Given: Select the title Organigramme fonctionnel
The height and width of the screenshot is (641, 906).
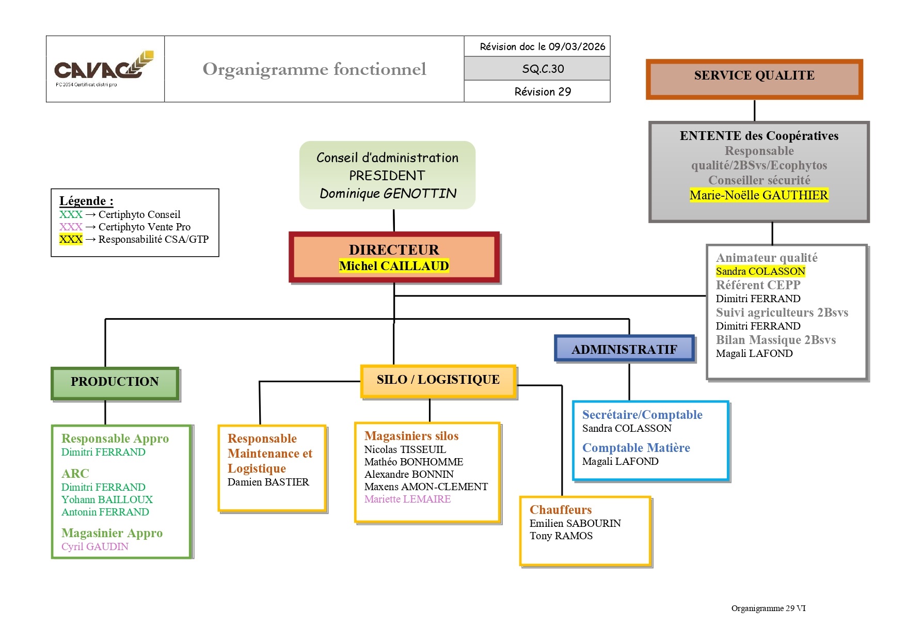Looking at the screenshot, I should [x=314, y=69].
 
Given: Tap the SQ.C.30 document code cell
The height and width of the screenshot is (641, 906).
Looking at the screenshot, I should [x=543, y=69].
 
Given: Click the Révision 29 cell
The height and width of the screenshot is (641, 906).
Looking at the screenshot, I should [x=543, y=91].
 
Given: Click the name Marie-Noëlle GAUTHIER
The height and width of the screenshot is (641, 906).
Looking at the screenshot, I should [x=758, y=195].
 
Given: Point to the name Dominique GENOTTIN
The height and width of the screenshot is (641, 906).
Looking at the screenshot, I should [x=388, y=194].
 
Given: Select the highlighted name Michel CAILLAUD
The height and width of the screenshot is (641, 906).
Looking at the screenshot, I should [x=394, y=266].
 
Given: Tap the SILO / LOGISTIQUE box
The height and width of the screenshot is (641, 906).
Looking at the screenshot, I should [x=438, y=380].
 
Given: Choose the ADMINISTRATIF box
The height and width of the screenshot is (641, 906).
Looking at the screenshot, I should [x=624, y=350].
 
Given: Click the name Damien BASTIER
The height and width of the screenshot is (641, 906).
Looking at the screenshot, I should [x=268, y=482].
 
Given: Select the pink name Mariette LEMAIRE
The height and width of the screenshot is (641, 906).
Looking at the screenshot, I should [x=407, y=499].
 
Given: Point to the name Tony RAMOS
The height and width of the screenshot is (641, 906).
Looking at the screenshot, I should [x=561, y=536].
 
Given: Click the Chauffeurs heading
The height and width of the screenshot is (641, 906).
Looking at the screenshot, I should [x=560, y=510].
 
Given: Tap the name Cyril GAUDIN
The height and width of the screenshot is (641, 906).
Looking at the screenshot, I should [x=95, y=546].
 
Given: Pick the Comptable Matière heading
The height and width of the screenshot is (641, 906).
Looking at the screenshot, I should [x=635, y=448].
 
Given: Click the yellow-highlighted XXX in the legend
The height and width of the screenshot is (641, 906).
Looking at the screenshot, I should [x=71, y=239].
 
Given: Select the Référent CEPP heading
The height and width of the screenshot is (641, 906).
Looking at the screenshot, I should [x=758, y=285].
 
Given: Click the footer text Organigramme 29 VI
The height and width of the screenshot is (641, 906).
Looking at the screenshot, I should [x=768, y=608].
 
